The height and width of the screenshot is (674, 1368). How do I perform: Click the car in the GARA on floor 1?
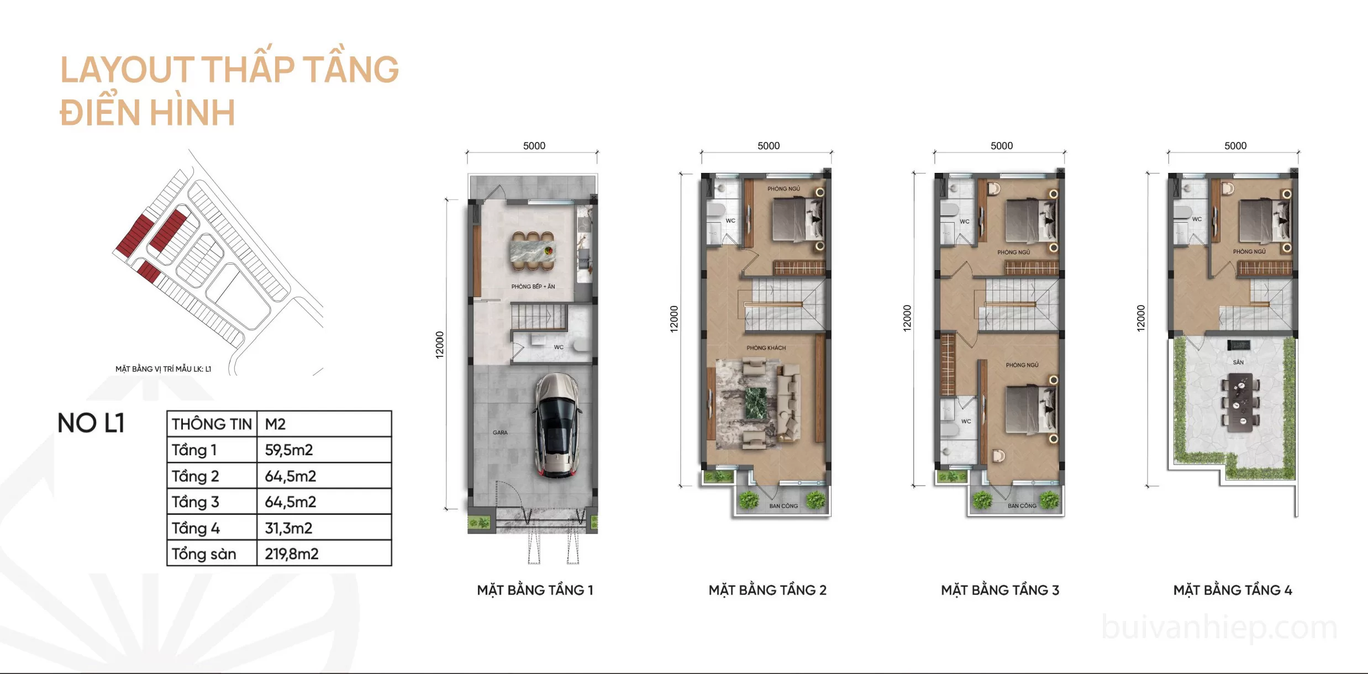[557, 425]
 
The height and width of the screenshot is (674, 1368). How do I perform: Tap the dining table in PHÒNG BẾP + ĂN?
[533, 252]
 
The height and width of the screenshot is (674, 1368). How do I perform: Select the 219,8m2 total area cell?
[292, 554]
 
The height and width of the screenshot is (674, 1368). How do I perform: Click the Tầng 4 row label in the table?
[196, 528]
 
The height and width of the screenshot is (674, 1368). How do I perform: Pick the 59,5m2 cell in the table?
[288, 450]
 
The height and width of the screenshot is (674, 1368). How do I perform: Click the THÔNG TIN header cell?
[212, 424]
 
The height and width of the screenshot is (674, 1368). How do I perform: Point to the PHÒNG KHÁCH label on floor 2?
[766, 348]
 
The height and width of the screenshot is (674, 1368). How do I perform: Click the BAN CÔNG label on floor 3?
[1022, 505]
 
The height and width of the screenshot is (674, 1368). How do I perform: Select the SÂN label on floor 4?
[1238, 362]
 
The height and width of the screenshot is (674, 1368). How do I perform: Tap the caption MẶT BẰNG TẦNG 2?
[767, 590]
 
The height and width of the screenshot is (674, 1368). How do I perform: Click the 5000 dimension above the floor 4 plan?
[1235, 146]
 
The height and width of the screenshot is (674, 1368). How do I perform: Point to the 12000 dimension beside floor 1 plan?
[440, 345]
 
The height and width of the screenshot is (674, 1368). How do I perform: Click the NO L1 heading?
[91, 423]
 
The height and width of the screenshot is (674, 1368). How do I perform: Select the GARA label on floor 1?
[500, 433]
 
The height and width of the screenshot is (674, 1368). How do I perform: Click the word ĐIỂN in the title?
[100, 112]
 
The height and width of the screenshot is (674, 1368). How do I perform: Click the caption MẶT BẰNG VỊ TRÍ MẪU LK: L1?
[163, 369]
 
